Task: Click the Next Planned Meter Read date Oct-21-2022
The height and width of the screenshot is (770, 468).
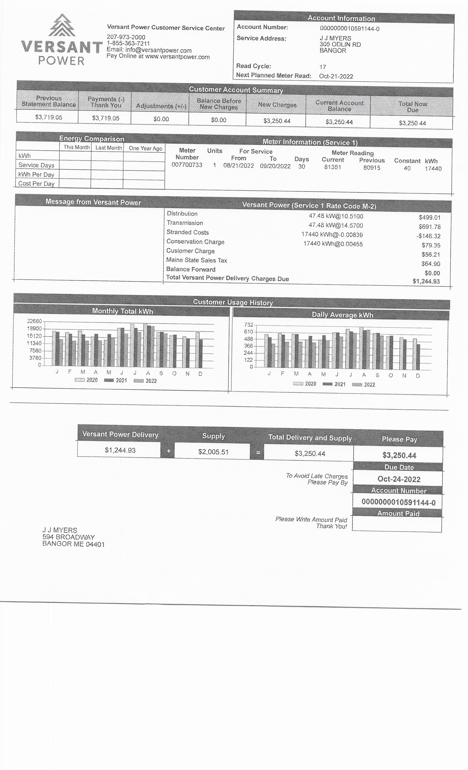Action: [x=336, y=76]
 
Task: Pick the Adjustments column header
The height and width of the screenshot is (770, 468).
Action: [x=161, y=106]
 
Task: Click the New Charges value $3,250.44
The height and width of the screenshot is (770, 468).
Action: [x=277, y=121]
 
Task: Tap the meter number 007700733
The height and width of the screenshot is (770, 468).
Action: [x=187, y=165]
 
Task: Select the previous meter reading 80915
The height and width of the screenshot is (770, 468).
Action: [x=372, y=168]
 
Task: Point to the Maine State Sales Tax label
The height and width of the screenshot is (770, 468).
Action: [x=196, y=260]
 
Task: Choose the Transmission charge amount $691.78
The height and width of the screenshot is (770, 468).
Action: [x=429, y=227]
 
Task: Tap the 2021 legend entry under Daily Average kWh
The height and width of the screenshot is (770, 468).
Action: [x=334, y=384]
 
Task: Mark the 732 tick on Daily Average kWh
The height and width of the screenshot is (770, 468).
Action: [x=249, y=325]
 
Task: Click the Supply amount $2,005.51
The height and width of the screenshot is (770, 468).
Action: [x=213, y=452]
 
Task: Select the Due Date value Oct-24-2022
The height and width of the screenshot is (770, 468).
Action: [x=399, y=479]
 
